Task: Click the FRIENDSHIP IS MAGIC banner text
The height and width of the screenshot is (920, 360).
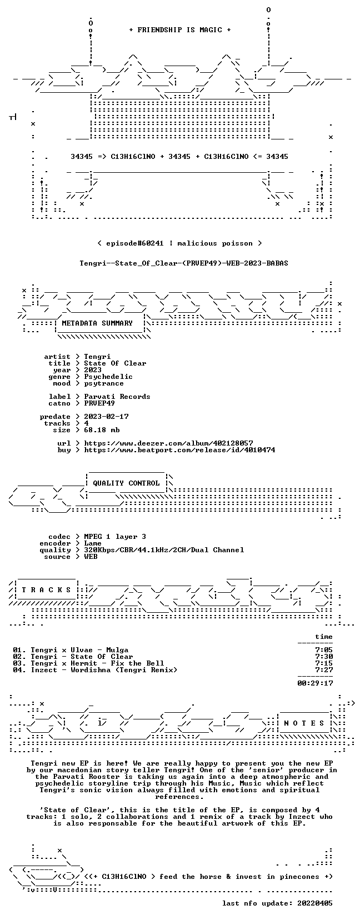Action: click(x=180, y=30)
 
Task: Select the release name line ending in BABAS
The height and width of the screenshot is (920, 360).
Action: click(x=184, y=263)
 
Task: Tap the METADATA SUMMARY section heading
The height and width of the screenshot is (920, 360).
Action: click(x=97, y=323)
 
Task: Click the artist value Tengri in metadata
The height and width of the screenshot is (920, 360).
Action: click(x=97, y=357)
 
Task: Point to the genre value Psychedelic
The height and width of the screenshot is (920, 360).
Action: click(x=108, y=377)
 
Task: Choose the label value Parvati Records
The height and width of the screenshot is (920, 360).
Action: click(x=117, y=397)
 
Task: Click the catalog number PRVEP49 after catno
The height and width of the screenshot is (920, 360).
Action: click(x=99, y=403)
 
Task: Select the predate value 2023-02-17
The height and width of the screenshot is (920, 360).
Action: click(x=106, y=417)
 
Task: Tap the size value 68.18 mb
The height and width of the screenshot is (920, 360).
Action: click(x=102, y=430)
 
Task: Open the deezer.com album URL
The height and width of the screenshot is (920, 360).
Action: click(x=169, y=443)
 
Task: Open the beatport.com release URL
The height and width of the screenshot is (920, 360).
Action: click(x=180, y=450)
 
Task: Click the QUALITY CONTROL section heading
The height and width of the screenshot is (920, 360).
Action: click(x=126, y=483)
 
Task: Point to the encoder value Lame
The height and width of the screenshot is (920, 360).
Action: click(x=93, y=543)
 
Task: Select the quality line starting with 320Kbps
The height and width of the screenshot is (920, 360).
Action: click(x=164, y=550)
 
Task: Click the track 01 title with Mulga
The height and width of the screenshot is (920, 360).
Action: click(x=71, y=650)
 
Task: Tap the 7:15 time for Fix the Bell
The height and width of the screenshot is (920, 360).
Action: click(x=324, y=663)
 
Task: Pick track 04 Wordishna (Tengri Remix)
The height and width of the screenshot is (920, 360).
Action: click(x=95, y=670)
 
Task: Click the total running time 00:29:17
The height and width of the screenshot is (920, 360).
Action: click(x=315, y=683)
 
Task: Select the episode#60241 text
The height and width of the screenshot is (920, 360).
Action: click(x=134, y=243)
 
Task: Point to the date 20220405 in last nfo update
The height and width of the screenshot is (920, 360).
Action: click(x=315, y=903)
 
